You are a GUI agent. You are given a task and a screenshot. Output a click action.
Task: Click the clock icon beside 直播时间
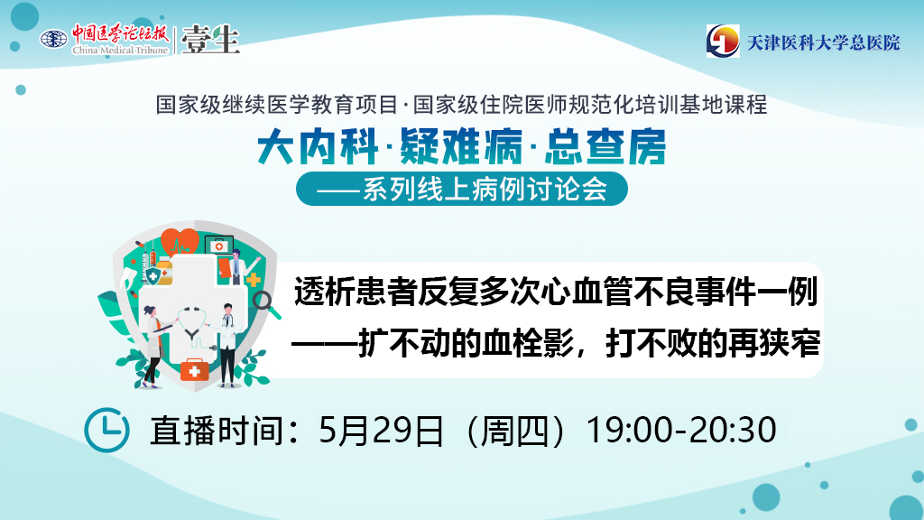tap(106, 430)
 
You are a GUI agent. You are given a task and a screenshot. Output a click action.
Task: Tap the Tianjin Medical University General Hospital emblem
tap(723, 42)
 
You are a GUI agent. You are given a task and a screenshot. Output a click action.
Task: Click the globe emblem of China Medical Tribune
tap(53, 40)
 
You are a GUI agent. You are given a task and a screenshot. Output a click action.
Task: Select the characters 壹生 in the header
tap(210, 40)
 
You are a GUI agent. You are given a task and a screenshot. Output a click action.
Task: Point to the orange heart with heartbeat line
tap(180, 242)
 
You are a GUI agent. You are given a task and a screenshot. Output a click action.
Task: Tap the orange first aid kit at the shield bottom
tap(195, 370)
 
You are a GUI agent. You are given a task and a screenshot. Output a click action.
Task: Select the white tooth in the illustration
tap(128, 277)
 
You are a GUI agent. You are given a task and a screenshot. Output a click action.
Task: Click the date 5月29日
tap(381, 431)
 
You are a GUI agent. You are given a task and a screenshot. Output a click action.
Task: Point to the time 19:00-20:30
tap(681, 431)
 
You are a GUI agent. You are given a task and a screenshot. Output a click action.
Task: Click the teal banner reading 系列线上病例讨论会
tap(461, 190)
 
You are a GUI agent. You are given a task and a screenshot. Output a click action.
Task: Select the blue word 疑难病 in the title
tap(461, 147)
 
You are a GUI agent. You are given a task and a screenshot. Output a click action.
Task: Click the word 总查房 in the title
tap(605, 147)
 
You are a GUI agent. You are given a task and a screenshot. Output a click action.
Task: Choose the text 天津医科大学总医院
tap(824, 42)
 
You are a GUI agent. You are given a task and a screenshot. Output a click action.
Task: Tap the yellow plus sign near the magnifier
tap(254, 279)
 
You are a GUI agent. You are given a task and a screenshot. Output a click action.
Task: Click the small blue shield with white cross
tap(153, 275)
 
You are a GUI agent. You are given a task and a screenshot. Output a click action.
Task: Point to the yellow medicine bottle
tap(165, 272)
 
